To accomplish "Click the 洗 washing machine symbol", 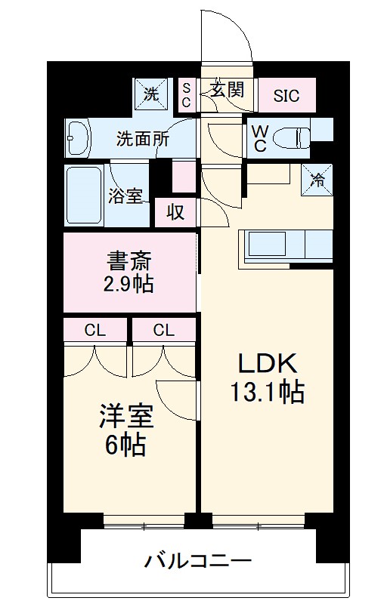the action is [150, 94].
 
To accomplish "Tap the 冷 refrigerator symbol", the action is [317, 180].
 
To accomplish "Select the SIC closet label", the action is [286, 96].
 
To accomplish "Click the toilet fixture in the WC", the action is [292, 137].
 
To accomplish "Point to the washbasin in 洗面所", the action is [78, 137].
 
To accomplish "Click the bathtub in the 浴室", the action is [85, 196].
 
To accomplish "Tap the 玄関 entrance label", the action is [228, 89].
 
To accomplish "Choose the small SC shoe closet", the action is [186, 95].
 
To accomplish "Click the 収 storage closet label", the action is [175, 212].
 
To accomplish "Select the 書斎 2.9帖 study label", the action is [129, 272].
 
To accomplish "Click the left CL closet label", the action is [94, 330].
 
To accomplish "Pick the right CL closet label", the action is [163, 330].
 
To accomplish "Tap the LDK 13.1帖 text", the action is [268, 378].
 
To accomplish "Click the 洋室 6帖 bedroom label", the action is [126, 430].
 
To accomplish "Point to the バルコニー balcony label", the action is [198, 561].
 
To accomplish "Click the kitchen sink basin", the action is [267, 244].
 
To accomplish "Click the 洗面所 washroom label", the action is [143, 139].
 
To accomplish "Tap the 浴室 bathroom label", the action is [125, 196].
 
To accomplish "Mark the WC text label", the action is [260, 139].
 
